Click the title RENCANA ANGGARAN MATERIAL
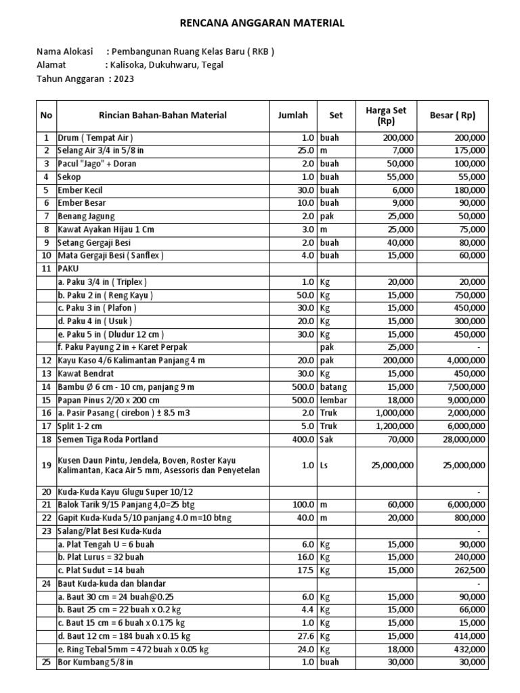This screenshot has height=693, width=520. [261, 23]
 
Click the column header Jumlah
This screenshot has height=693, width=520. [292, 115]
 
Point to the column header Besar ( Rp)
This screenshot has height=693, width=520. [453, 115]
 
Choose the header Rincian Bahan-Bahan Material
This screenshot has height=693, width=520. [162, 115]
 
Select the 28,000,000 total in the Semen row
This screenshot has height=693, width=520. [459, 439]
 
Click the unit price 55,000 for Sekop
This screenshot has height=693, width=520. [399, 176]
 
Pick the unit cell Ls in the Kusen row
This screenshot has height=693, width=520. [325, 466]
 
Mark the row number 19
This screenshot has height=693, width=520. [46, 466]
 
